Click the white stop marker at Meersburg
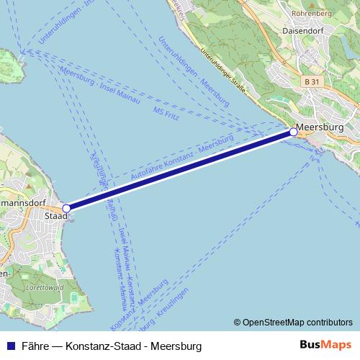pyautogui.click(x=293, y=132)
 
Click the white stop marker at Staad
pyautogui.click(x=67, y=207)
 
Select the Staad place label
pyautogui.click(x=55, y=215)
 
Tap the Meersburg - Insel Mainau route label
pyautogui.click(x=100, y=84)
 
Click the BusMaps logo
pyautogui.click(x=325, y=345)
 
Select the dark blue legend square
pyautogui.click(x=10, y=346)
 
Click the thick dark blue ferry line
pyautogui.click(x=180, y=169)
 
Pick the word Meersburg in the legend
pyautogui.click(x=176, y=346)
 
